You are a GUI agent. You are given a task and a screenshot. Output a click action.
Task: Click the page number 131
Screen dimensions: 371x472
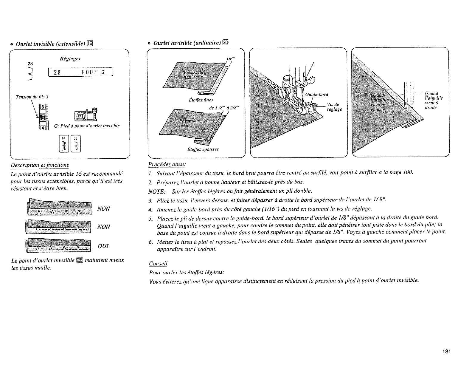click(x=446, y=351)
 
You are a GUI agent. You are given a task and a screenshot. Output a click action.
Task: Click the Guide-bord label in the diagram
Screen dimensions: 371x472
click(x=316, y=95)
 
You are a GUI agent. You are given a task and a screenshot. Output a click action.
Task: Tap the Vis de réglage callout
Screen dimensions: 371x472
click(x=334, y=107)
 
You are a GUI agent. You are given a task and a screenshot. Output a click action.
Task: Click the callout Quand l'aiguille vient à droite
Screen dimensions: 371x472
click(x=434, y=100)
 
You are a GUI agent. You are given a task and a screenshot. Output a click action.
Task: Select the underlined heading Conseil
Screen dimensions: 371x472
click(x=158, y=264)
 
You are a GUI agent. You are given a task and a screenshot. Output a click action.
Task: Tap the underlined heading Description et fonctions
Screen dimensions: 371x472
click(x=44, y=165)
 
